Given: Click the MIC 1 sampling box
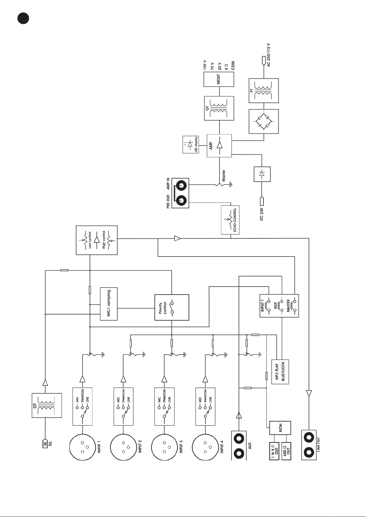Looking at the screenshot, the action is point(108,304).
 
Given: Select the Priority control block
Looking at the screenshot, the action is point(172,307).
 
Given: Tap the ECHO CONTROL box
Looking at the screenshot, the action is point(230,220).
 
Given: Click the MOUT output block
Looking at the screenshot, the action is point(219,79).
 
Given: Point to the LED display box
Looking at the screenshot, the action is point(191,145).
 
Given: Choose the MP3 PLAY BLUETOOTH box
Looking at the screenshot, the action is point(280,372).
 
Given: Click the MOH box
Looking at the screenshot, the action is point(280,428).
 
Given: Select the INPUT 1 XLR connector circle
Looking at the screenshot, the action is point(82,447).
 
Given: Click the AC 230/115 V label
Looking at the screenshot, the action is point(268,55).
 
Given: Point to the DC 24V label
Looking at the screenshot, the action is point(262,214).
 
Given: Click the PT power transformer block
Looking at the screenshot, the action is point(263,91).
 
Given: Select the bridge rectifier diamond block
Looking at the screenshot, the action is point(263,122).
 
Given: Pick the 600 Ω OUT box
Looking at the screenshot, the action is point(286,451).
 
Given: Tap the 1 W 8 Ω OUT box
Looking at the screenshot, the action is point(274,451).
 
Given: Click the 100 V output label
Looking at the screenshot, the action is point(205,65).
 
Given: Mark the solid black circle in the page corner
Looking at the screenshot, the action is point(23,18).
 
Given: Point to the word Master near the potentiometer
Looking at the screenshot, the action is point(224,176).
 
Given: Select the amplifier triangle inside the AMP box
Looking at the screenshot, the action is point(219,145).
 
